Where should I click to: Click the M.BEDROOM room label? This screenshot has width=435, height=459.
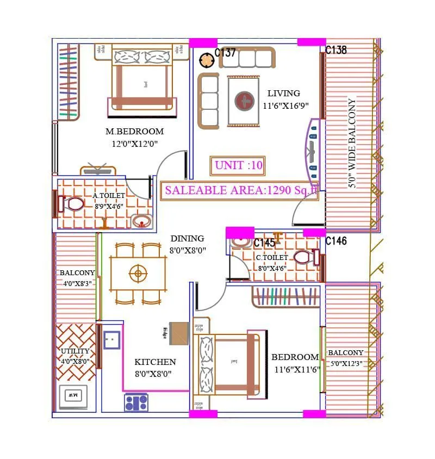[x=134, y=132]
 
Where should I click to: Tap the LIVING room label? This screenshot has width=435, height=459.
[x=283, y=94]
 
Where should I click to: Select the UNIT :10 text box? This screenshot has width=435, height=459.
[x=238, y=166]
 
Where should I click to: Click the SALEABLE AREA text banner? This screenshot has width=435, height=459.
[x=240, y=190]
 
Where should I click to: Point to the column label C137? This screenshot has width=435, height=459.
[x=225, y=53]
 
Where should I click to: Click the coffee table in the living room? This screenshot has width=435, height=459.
[x=244, y=101]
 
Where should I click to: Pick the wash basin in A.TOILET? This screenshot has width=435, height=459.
[x=142, y=221]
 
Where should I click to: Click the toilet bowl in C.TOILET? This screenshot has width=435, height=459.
[x=304, y=257]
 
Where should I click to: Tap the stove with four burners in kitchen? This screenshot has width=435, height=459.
[x=136, y=402]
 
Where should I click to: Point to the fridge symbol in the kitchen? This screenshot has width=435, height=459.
[x=179, y=333]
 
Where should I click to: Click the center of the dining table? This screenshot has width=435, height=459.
[x=138, y=274]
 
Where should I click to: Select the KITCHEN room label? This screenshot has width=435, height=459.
[x=155, y=362]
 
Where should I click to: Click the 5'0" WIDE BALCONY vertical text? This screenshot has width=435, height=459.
[x=352, y=143]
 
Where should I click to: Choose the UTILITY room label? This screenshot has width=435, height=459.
[x=75, y=351]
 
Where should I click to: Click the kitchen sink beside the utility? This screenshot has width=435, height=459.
[x=112, y=339]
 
